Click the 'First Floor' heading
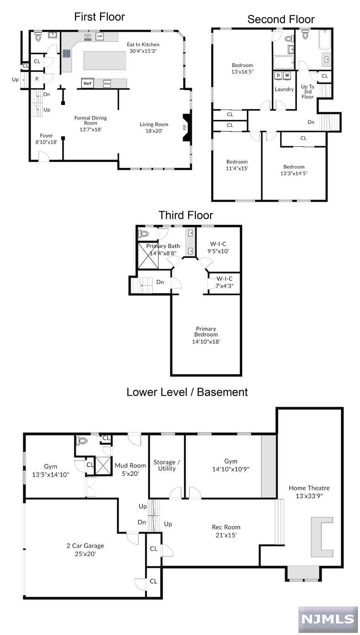pyautogui.click(x=100, y=17)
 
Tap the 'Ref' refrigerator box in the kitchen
pyautogui.click(x=88, y=84)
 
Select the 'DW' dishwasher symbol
pyautogui.click(x=100, y=36)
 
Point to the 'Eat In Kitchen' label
pyautogui.click(x=143, y=45)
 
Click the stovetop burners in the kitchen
pyautogui.click(x=67, y=54)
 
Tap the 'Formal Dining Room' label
pyautogui.click(x=91, y=120)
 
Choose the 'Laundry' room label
pyautogui.click(x=284, y=89)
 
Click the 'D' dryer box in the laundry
pyautogui.click(x=278, y=75)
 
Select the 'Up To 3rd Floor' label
pyautogui.click(x=308, y=91)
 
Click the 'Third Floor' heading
pyautogui.click(x=186, y=215)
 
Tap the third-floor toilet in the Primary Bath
pyautogui.click(x=144, y=234)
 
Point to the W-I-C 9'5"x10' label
pyautogui.click(x=218, y=248)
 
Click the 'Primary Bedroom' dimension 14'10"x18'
pyautogui.click(x=206, y=341)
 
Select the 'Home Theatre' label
pyautogui.click(x=309, y=488)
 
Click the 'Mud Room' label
pyautogui.click(x=130, y=466)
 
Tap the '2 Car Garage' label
pyautogui.click(x=85, y=546)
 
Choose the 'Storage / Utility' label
pyautogui.click(x=167, y=465)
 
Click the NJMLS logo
pyautogui.click(x=328, y=619)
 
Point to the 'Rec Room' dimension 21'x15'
pyautogui.click(x=226, y=535)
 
